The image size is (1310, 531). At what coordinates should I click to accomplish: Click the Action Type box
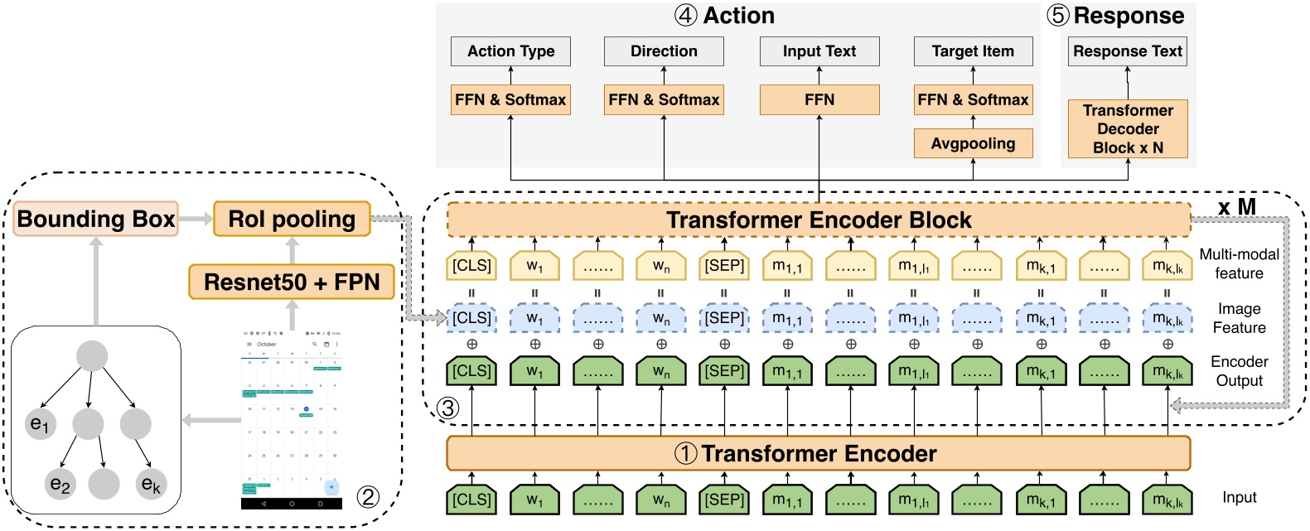point(510,51)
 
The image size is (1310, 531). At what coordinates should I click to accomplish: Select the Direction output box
point(664,51)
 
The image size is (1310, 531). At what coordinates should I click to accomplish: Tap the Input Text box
point(819,51)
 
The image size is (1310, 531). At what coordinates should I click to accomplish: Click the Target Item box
point(973,51)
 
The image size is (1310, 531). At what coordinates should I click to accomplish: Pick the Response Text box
point(1127,51)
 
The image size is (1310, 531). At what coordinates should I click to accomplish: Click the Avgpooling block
point(973,143)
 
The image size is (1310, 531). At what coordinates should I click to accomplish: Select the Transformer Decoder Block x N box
point(1127,128)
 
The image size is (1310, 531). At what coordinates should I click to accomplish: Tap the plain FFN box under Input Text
point(819,99)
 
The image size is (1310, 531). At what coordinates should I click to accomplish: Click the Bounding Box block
point(96,219)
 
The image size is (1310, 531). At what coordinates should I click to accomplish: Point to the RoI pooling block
point(292,219)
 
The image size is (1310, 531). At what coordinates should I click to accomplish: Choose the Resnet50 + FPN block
point(292,282)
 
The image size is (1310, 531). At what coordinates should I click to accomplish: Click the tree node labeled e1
point(40,424)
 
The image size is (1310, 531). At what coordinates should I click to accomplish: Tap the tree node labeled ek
point(151,484)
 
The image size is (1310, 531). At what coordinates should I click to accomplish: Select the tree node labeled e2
point(60,484)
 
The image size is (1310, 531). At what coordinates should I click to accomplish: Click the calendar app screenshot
point(291,418)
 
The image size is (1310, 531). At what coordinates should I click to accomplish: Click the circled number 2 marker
point(368,496)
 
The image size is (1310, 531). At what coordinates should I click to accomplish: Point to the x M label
point(1236,206)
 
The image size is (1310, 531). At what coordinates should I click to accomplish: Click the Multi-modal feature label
point(1239,263)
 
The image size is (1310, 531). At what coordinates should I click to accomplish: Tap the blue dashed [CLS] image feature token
point(471,318)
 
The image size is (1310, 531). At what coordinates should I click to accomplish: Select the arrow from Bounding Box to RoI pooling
point(196,219)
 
